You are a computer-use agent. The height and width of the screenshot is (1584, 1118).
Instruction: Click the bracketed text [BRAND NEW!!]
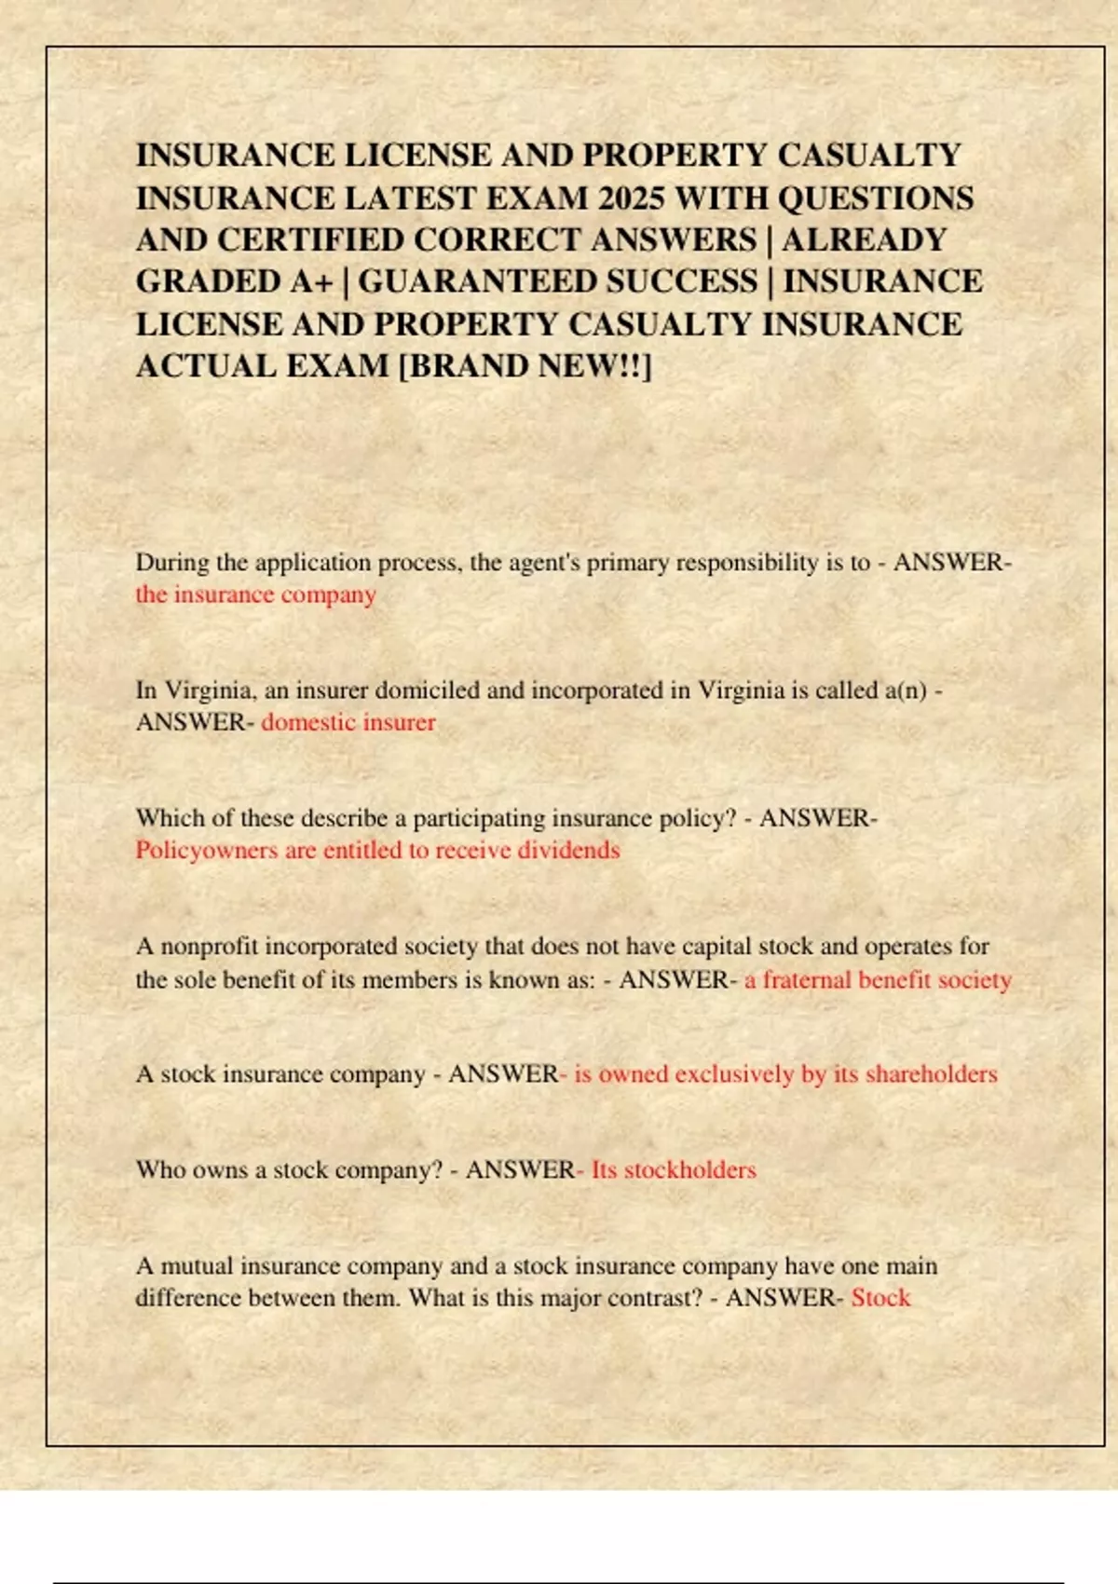[525, 366]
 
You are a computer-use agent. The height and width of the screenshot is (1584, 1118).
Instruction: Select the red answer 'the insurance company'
[256, 594]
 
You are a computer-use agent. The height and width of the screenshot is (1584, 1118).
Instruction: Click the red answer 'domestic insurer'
[348, 722]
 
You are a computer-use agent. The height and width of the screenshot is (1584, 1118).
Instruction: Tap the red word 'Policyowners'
[207, 851]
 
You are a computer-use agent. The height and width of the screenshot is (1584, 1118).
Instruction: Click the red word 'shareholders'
[931, 1074]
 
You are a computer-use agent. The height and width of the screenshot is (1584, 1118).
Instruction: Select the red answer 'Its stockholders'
[674, 1170]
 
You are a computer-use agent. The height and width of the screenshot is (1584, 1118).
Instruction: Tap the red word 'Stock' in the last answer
[880, 1298]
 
